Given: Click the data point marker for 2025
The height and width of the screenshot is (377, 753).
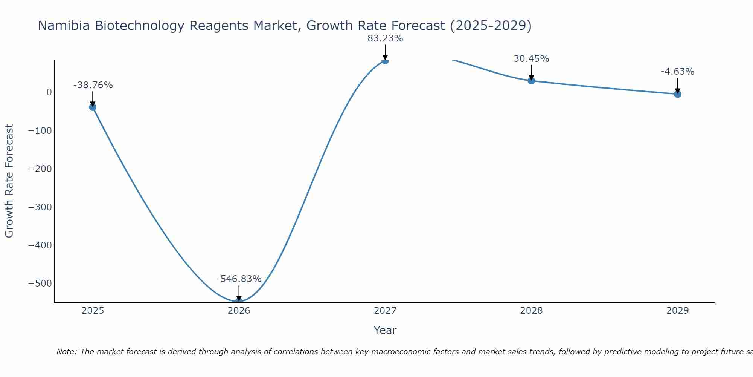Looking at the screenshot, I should pos(93,107).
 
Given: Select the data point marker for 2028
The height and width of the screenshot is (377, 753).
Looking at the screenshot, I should pos(531,80).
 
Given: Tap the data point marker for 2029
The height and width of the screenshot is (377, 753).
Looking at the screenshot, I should pos(677,94).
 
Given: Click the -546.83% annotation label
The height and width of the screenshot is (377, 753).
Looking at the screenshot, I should pos(239,279).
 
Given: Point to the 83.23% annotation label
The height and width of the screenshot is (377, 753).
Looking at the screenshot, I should pos(385,38).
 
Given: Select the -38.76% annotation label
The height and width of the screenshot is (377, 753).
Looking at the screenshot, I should pos(93,85).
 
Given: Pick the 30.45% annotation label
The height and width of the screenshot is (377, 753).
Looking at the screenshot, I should pos(531,59).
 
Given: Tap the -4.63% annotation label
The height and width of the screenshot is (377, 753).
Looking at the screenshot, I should pos(677,72).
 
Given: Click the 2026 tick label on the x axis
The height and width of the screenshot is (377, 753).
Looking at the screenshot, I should pos(239,311).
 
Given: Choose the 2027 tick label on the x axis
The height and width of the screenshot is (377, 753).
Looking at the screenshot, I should pos(385,311).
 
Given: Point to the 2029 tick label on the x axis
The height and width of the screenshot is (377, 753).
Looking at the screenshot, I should pos(677,311).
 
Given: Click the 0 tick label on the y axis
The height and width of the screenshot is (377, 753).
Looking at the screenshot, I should pos(49,92).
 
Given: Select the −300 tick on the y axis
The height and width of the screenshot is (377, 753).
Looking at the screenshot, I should pos(40,207).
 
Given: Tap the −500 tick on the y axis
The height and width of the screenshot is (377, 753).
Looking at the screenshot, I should pos(40,284).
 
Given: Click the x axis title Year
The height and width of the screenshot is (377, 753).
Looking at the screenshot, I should pos(385,331).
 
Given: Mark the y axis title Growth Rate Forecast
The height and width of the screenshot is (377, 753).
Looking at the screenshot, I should pos(9,181).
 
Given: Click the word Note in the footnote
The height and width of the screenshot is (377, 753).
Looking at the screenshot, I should pos(66,352).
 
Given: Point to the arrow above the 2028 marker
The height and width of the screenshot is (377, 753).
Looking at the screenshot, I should pos(531,72).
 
